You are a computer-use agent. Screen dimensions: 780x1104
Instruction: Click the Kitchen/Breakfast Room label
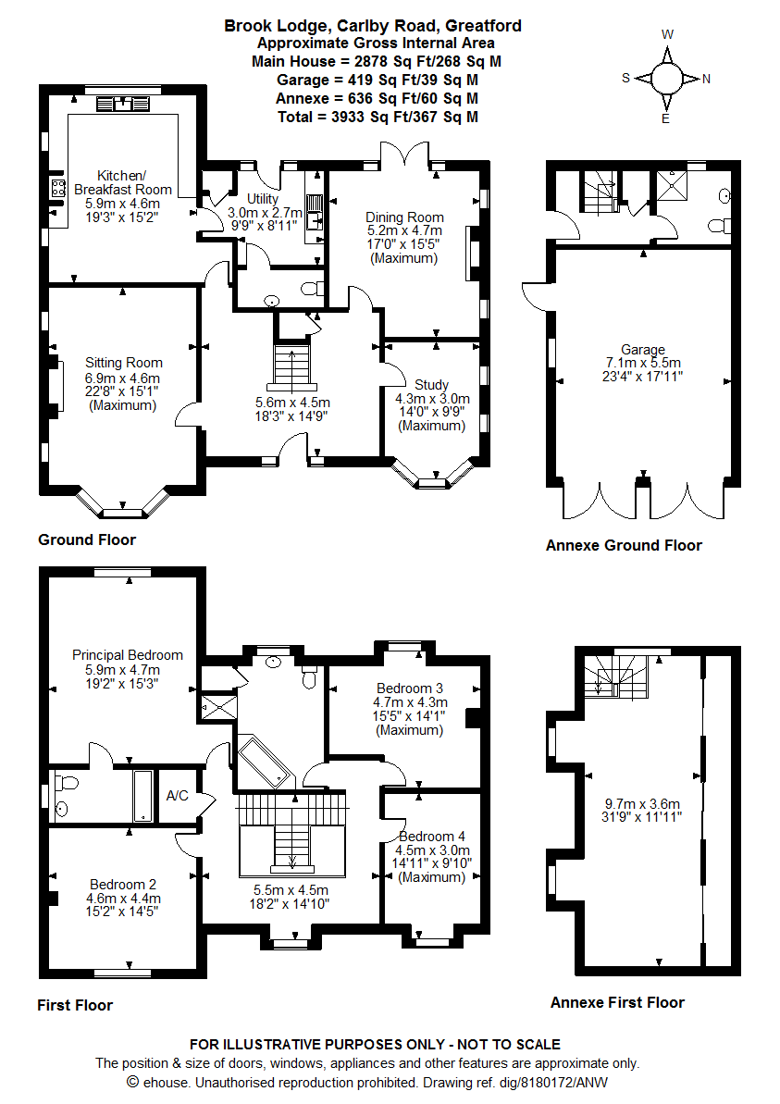(x=122, y=182)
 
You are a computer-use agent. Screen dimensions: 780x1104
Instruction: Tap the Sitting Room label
(x=123, y=363)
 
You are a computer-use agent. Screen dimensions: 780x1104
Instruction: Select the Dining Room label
(x=405, y=217)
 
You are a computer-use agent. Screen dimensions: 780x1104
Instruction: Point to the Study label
(x=431, y=385)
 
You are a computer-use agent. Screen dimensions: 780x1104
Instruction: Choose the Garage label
(x=642, y=350)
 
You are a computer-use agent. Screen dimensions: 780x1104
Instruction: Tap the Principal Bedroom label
(x=128, y=655)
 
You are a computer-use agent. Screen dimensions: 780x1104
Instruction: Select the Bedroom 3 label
(x=409, y=688)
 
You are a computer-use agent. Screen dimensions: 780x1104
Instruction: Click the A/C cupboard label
(x=177, y=796)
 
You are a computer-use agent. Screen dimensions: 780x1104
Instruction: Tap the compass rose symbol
(x=666, y=78)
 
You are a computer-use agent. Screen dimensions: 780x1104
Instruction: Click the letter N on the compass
(x=706, y=79)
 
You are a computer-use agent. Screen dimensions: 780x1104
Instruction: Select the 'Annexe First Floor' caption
(x=617, y=1002)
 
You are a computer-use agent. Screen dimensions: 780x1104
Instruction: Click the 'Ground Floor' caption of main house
(x=87, y=540)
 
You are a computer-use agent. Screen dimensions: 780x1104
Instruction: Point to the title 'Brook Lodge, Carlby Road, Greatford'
(x=373, y=26)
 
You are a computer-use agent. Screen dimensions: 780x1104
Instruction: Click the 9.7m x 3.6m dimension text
(x=642, y=803)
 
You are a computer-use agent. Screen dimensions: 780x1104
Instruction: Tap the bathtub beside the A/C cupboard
(x=144, y=796)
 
